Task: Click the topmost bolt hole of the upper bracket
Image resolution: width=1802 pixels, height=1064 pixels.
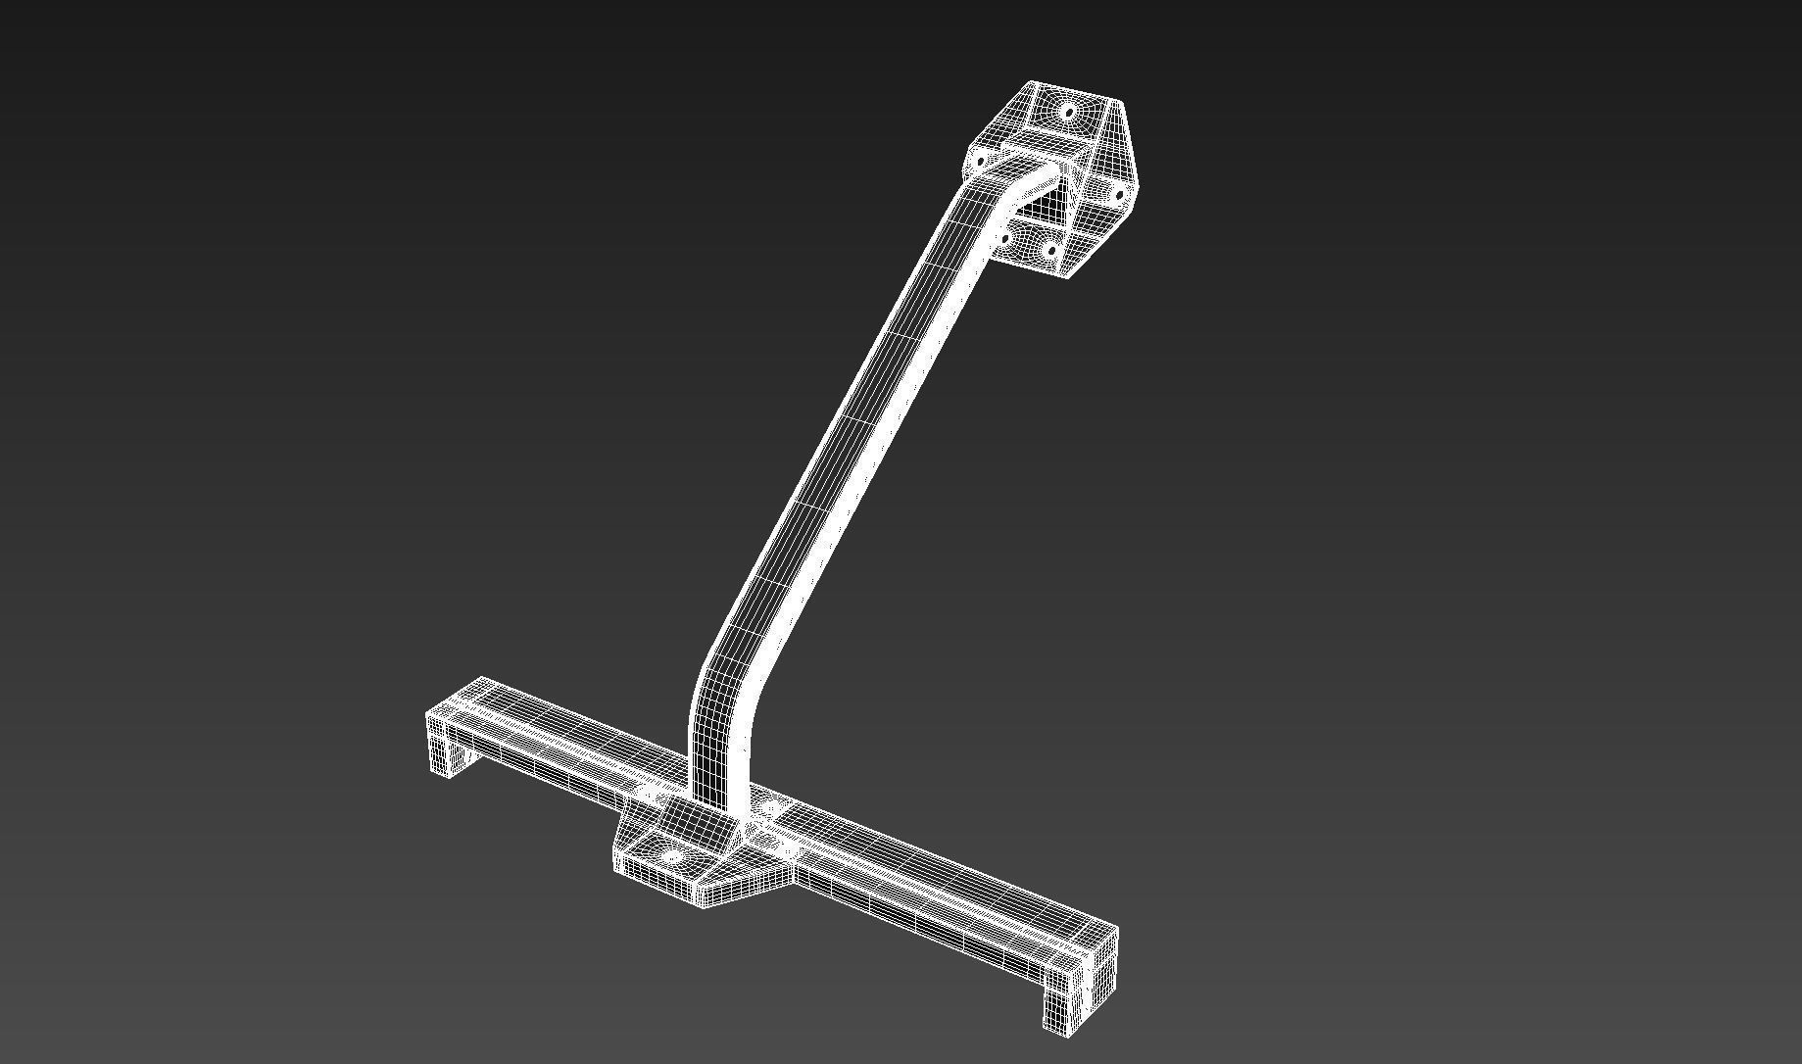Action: tap(1067, 112)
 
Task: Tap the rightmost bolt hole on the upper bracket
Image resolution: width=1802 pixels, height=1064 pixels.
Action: tap(1119, 195)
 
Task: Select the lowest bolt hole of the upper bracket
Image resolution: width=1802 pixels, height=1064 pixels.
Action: tap(1051, 251)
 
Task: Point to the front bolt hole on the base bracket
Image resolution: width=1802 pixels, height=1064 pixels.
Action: tap(671, 857)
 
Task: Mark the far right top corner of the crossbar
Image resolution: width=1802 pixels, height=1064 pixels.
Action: tap(1116, 927)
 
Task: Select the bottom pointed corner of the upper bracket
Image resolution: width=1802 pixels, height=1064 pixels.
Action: tap(1067, 276)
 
